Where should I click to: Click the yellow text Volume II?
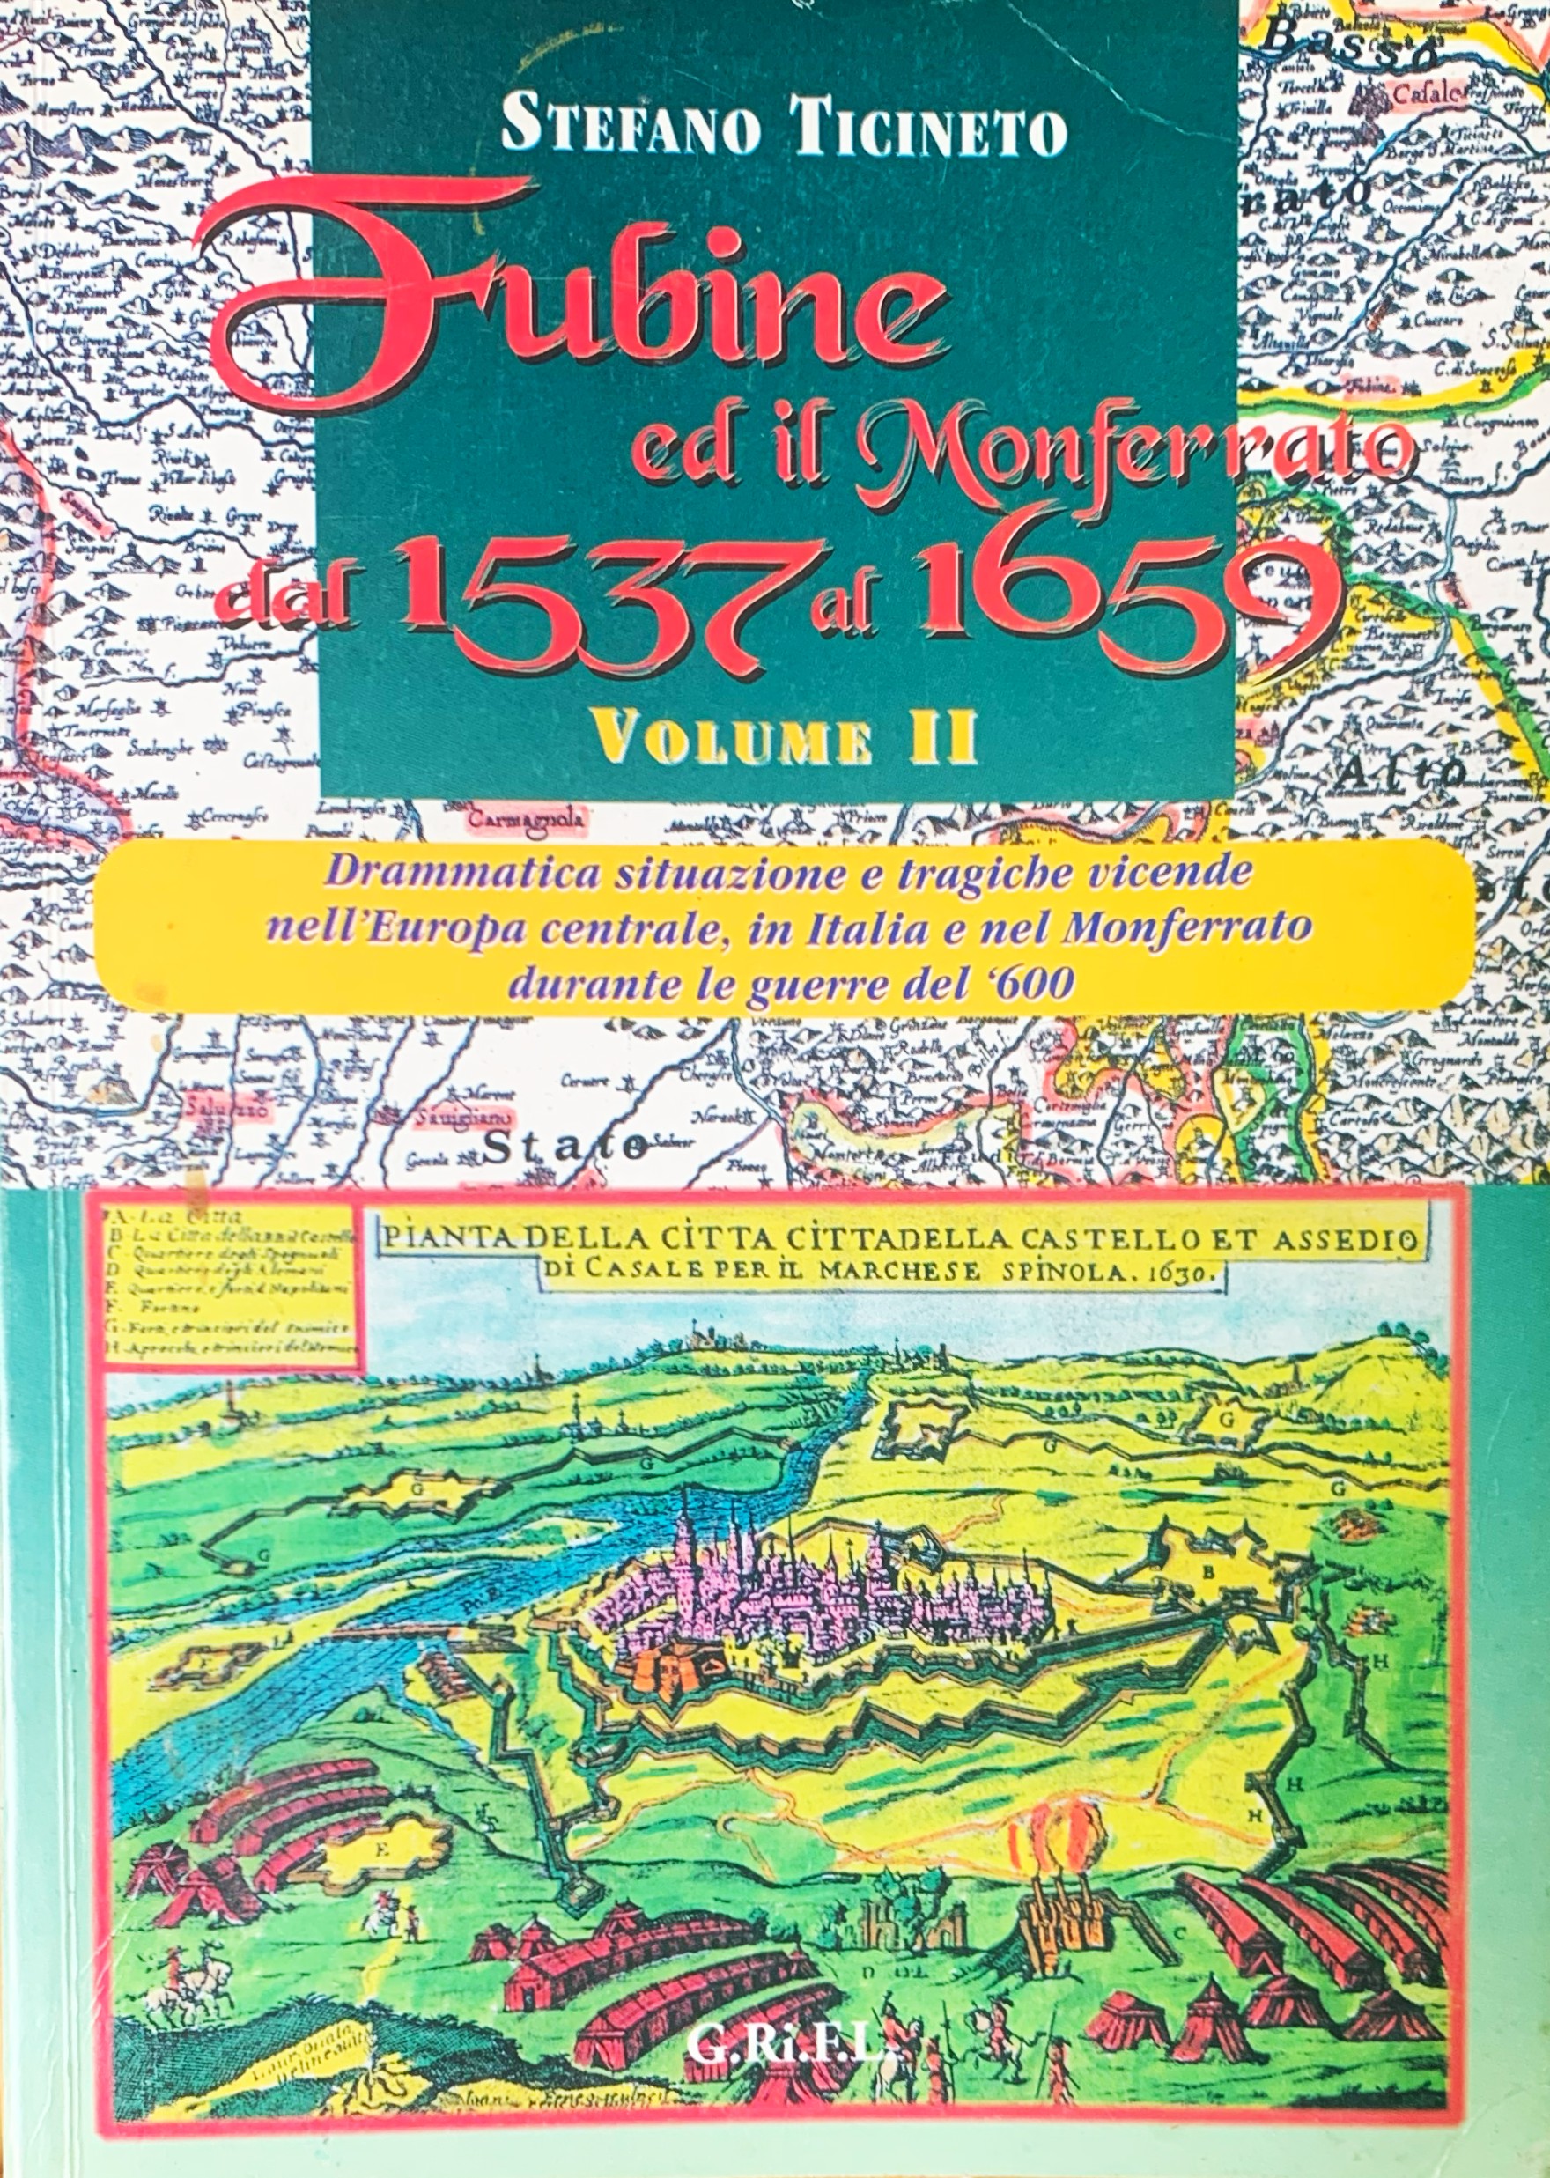783,740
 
